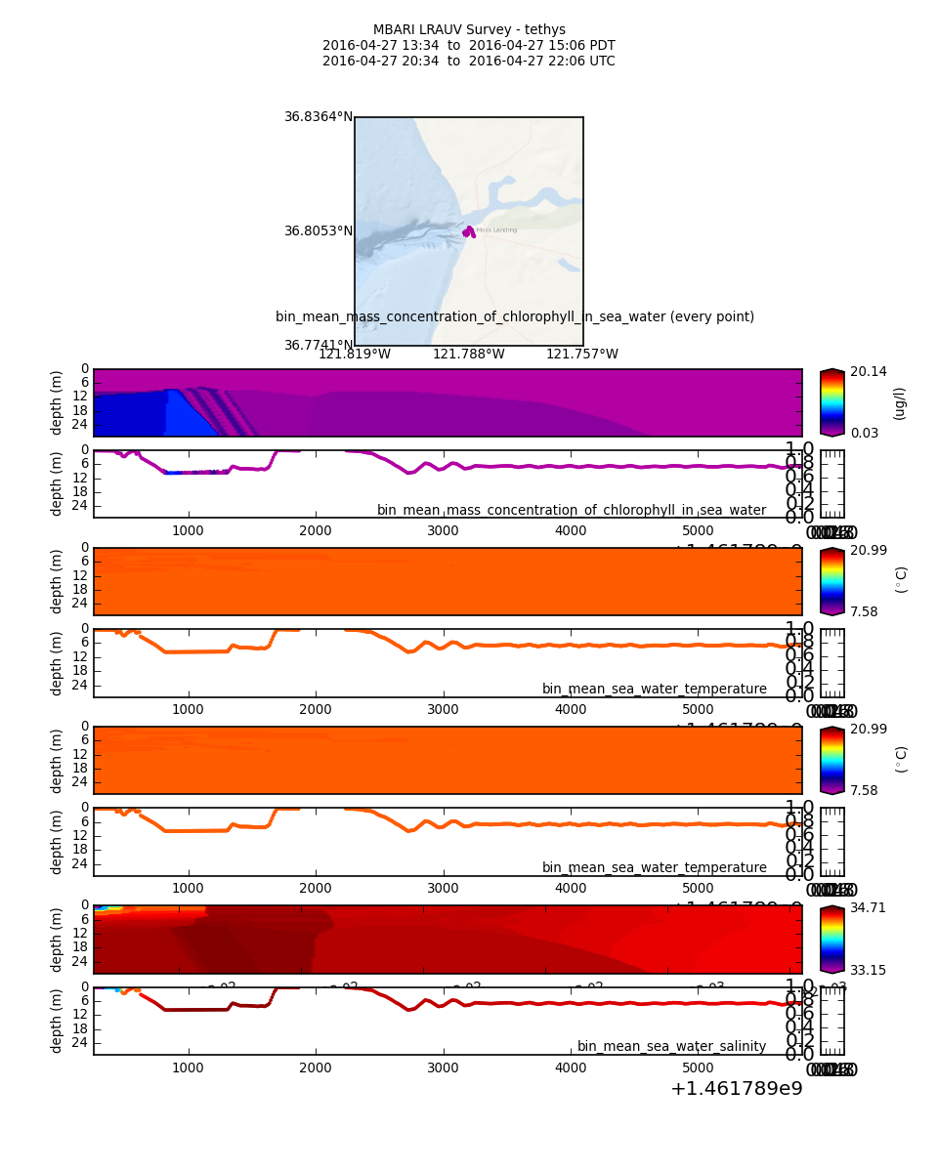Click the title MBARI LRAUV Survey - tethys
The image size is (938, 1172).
point(469,30)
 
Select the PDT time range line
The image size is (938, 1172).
point(469,46)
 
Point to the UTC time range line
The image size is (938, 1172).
point(469,62)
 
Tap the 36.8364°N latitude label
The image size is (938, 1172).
point(318,117)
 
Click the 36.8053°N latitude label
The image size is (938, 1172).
point(318,231)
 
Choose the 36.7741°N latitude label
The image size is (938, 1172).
point(318,346)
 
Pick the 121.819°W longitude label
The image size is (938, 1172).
point(355,355)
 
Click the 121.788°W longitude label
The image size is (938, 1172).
point(469,355)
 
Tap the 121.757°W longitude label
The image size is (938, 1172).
point(582,355)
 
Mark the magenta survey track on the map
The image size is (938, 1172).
point(469,232)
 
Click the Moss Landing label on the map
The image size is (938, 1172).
point(497,230)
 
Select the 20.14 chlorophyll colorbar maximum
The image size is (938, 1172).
point(869,372)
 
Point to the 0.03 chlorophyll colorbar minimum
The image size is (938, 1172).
point(865,434)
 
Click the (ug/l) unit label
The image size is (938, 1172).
point(900,403)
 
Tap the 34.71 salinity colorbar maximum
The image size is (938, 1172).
point(869,908)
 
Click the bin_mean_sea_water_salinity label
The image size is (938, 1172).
point(671,1047)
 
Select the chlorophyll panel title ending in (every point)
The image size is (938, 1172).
point(515,317)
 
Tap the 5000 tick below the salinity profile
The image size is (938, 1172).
point(698,1067)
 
